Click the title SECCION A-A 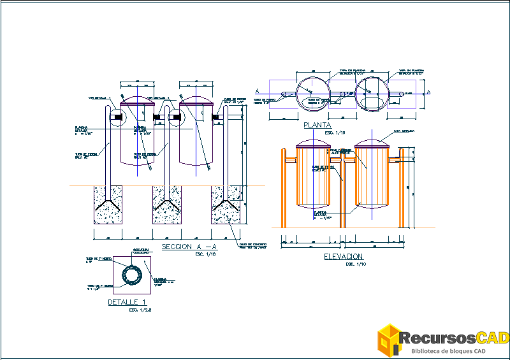tap(189, 247)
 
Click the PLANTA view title tap(317, 126)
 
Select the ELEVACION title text tap(344, 256)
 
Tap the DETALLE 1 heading tap(127, 302)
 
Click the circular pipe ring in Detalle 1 tap(134, 275)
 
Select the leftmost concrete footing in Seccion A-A tap(108, 205)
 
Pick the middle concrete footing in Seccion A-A tap(166, 205)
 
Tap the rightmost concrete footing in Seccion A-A tap(226, 205)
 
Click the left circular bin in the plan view tap(314, 93)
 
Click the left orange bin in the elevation tap(312, 175)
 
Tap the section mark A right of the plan tap(428, 93)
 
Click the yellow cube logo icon tap(389, 339)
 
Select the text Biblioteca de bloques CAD tap(449, 351)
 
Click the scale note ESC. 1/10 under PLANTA tap(335, 133)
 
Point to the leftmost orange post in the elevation tap(283, 187)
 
